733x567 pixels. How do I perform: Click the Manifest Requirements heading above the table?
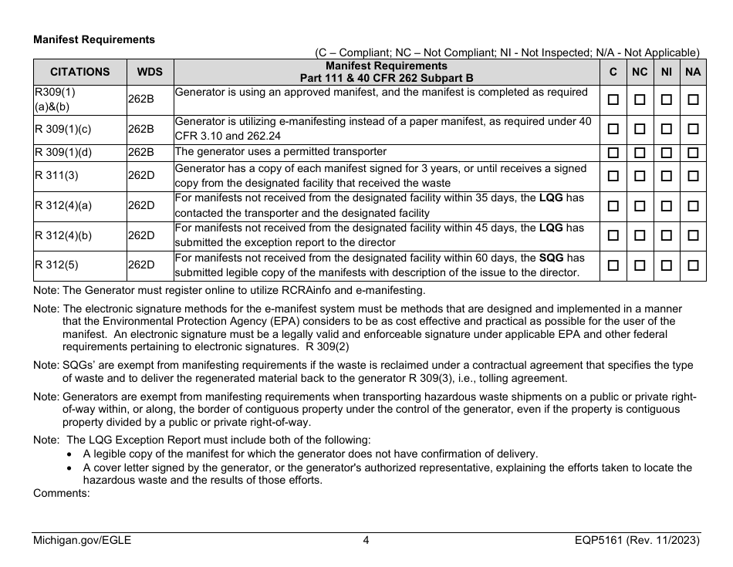point(94,39)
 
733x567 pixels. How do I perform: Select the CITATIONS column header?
point(79,72)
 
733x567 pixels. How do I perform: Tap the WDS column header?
point(150,72)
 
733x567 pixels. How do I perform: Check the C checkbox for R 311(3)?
point(613,176)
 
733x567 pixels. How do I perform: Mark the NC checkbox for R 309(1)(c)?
point(640,130)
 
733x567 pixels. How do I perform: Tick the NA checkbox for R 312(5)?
point(694,266)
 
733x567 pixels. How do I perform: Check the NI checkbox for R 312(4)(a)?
point(667,206)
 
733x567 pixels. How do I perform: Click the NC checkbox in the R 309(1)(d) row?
point(640,153)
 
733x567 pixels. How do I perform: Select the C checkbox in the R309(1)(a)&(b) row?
point(613,100)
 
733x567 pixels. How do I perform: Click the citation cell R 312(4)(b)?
point(63,236)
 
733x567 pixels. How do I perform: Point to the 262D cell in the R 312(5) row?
point(141,266)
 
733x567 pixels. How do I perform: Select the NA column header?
point(693,72)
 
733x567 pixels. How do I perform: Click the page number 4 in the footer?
point(366,541)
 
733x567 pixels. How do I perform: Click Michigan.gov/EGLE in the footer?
point(83,541)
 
